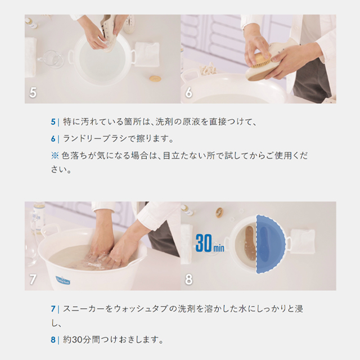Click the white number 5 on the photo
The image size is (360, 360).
(33, 92)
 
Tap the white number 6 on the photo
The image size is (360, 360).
(188, 92)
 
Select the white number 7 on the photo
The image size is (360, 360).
(33, 280)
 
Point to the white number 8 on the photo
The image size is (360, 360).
(189, 280)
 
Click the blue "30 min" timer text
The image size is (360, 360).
(210, 243)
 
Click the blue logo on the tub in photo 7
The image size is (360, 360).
(62, 280)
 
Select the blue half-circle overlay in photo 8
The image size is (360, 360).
(271, 244)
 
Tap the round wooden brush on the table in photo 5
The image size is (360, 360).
(155, 79)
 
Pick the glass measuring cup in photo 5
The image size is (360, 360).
(50, 58)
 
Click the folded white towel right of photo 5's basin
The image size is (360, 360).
(147, 54)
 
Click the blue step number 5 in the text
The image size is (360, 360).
(53, 121)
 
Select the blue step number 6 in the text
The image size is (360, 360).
(53, 139)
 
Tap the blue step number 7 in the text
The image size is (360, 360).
(53, 309)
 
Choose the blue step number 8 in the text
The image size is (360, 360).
(53, 340)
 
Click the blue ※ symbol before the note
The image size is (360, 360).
(55, 156)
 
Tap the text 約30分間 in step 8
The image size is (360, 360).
(81, 340)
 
